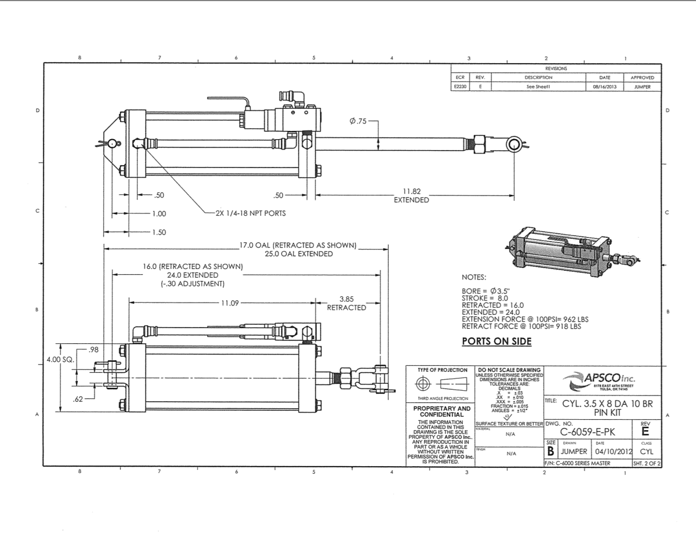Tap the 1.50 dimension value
[x=158, y=232]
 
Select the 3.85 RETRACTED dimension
[x=347, y=303]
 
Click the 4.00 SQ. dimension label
[x=61, y=359]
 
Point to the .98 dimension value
[x=93, y=349]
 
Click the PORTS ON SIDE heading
[x=496, y=341]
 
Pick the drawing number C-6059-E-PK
[x=588, y=432]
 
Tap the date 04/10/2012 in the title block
[x=609, y=450]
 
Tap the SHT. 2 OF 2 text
[x=647, y=463]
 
